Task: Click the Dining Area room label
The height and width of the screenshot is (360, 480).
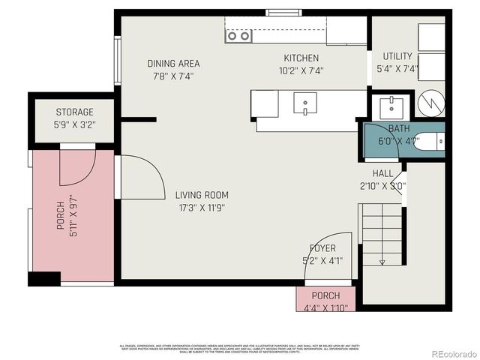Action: (x=173, y=64)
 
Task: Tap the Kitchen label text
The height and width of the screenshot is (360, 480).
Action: (x=301, y=58)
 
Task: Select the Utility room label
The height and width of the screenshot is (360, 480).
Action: (x=397, y=56)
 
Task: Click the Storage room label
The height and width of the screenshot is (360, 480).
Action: (x=75, y=112)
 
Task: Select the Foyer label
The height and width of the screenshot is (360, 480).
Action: (x=322, y=248)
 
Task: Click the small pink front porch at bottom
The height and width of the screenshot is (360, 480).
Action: (x=325, y=298)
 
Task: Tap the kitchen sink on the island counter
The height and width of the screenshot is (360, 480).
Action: (x=304, y=103)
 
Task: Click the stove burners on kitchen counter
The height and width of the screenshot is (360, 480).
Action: (x=238, y=36)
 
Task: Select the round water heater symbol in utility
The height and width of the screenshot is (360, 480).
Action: (x=430, y=104)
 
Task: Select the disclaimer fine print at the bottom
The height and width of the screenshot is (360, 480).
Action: (x=239, y=348)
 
